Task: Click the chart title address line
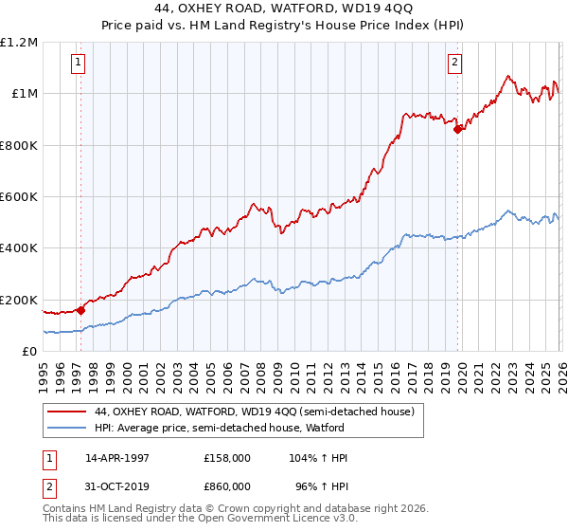pos(285,10)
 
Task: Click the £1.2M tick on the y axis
pos(21,43)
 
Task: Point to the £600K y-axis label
pos(19,197)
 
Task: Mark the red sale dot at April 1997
pos(80,309)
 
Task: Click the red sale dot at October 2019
pos(458,130)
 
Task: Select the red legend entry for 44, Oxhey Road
pos(254,412)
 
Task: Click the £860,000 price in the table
pos(227,485)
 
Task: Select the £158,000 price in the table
pos(227,458)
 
